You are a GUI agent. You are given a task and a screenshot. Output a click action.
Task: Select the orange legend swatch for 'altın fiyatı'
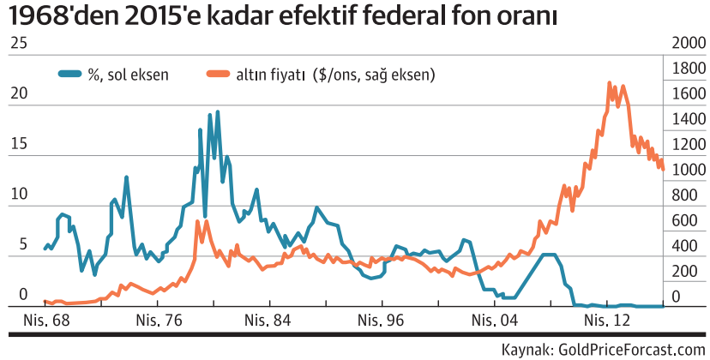[220, 75]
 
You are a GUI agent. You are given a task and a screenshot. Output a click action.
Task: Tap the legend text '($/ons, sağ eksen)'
[374, 75]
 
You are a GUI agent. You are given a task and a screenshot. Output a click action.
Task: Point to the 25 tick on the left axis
[17, 45]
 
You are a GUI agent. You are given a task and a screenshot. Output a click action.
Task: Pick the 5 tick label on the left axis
[12, 244]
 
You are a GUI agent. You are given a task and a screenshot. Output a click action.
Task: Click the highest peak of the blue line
[217, 111]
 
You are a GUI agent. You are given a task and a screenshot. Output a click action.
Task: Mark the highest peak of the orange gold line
[609, 83]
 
